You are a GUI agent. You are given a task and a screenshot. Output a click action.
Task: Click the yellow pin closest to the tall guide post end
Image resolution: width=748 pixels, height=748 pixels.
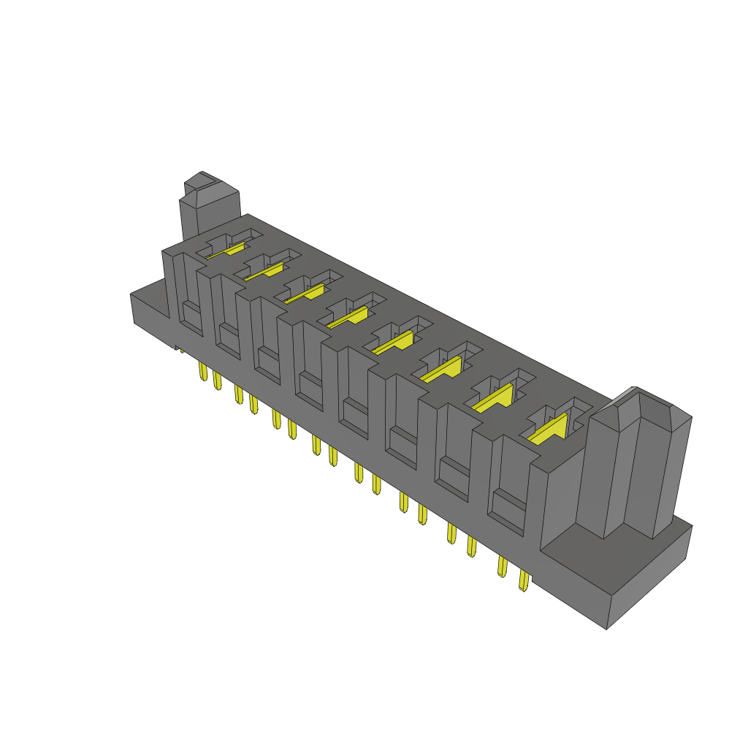tap(523, 581)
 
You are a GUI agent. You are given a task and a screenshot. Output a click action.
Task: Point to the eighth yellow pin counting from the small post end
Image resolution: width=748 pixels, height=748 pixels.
tap(333, 457)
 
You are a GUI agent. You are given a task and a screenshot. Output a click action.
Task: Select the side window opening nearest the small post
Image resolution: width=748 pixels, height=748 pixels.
tap(191, 318)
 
